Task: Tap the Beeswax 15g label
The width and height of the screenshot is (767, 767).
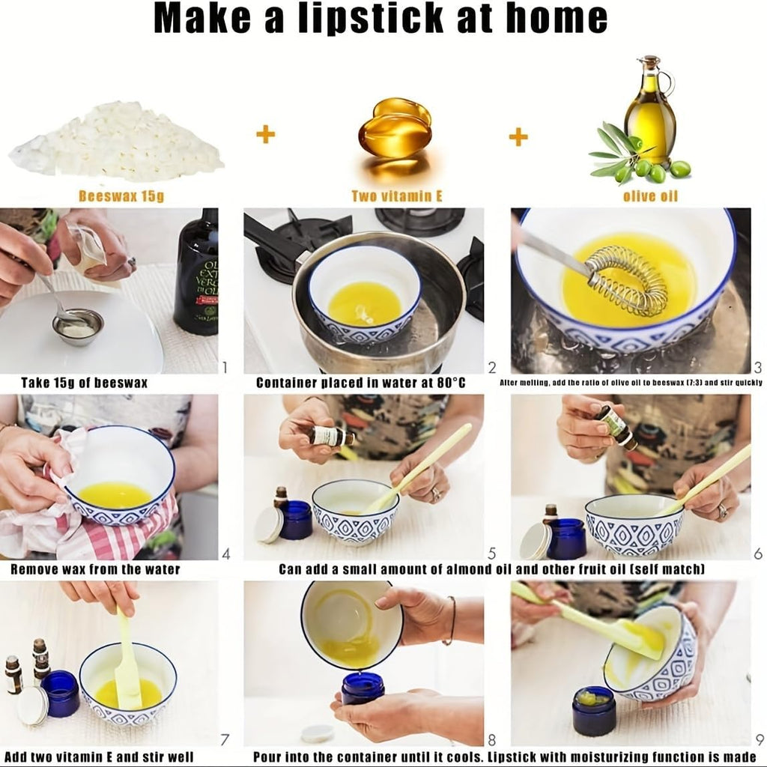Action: [121, 196]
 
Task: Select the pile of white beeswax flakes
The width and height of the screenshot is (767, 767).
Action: [116, 142]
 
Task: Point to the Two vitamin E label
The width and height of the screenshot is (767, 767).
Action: [397, 196]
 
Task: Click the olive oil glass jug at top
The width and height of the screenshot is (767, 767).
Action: [650, 112]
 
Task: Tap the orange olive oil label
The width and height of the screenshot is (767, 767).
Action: [650, 196]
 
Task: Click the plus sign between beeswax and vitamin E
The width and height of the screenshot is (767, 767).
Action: [266, 133]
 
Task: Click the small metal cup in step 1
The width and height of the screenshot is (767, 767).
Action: [78, 326]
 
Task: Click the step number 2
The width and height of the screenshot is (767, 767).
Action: [492, 367]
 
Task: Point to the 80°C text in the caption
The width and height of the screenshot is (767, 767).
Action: [451, 383]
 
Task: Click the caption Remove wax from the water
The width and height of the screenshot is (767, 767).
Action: [95, 569]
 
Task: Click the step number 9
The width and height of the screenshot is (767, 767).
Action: [759, 739]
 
